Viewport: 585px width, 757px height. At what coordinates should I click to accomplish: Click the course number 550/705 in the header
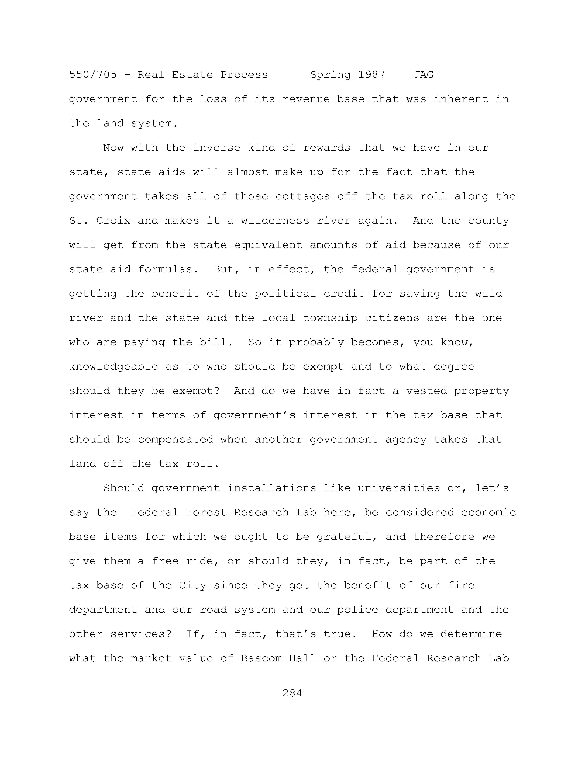[93, 75]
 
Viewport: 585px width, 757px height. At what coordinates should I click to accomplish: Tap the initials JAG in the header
[423, 75]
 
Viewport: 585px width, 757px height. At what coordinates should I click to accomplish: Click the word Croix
[113, 221]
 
